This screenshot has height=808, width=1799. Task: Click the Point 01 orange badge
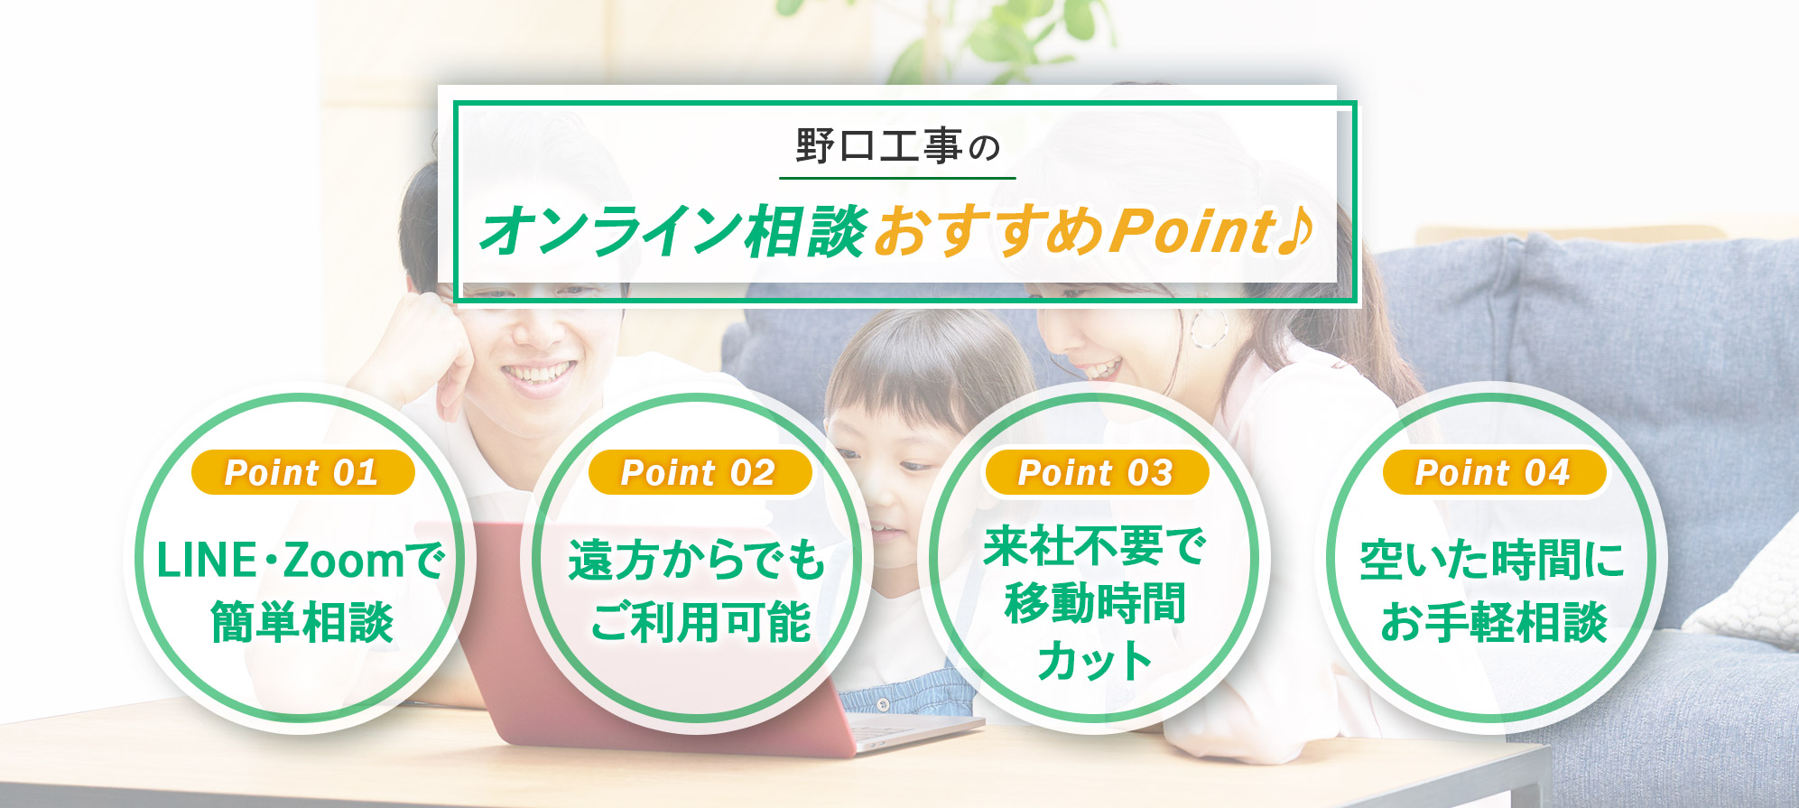click(x=302, y=472)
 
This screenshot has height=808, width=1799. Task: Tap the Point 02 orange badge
click(x=700, y=472)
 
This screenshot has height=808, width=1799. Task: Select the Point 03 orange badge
click(x=1097, y=472)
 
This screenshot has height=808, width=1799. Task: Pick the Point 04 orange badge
click(x=1494, y=472)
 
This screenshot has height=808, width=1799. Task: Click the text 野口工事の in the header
click(x=898, y=146)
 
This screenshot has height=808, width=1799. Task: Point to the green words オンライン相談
click(x=673, y=231)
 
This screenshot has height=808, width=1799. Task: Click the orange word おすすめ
click(x=988, y=231)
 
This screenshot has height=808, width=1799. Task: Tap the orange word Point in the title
click(x=1192, y=231)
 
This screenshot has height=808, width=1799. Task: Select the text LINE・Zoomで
click(x=301, y=560)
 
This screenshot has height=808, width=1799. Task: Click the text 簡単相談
click(x=302, y=622)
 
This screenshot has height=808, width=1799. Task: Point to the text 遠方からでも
click(x=697, y=560)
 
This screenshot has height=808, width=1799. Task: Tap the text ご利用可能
click(x=700, y=622)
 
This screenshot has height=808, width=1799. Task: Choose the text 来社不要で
click(x=1095, y=546)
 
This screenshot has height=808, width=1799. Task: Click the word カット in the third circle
click(x=1095, y=660)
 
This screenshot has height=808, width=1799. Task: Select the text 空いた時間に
click(x=1493, y=560)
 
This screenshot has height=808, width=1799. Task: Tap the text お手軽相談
click(x=1494, y=622)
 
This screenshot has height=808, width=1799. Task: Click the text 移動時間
click(x=1095, y=603)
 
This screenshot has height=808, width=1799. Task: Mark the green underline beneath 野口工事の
click(x=898, y=178)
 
